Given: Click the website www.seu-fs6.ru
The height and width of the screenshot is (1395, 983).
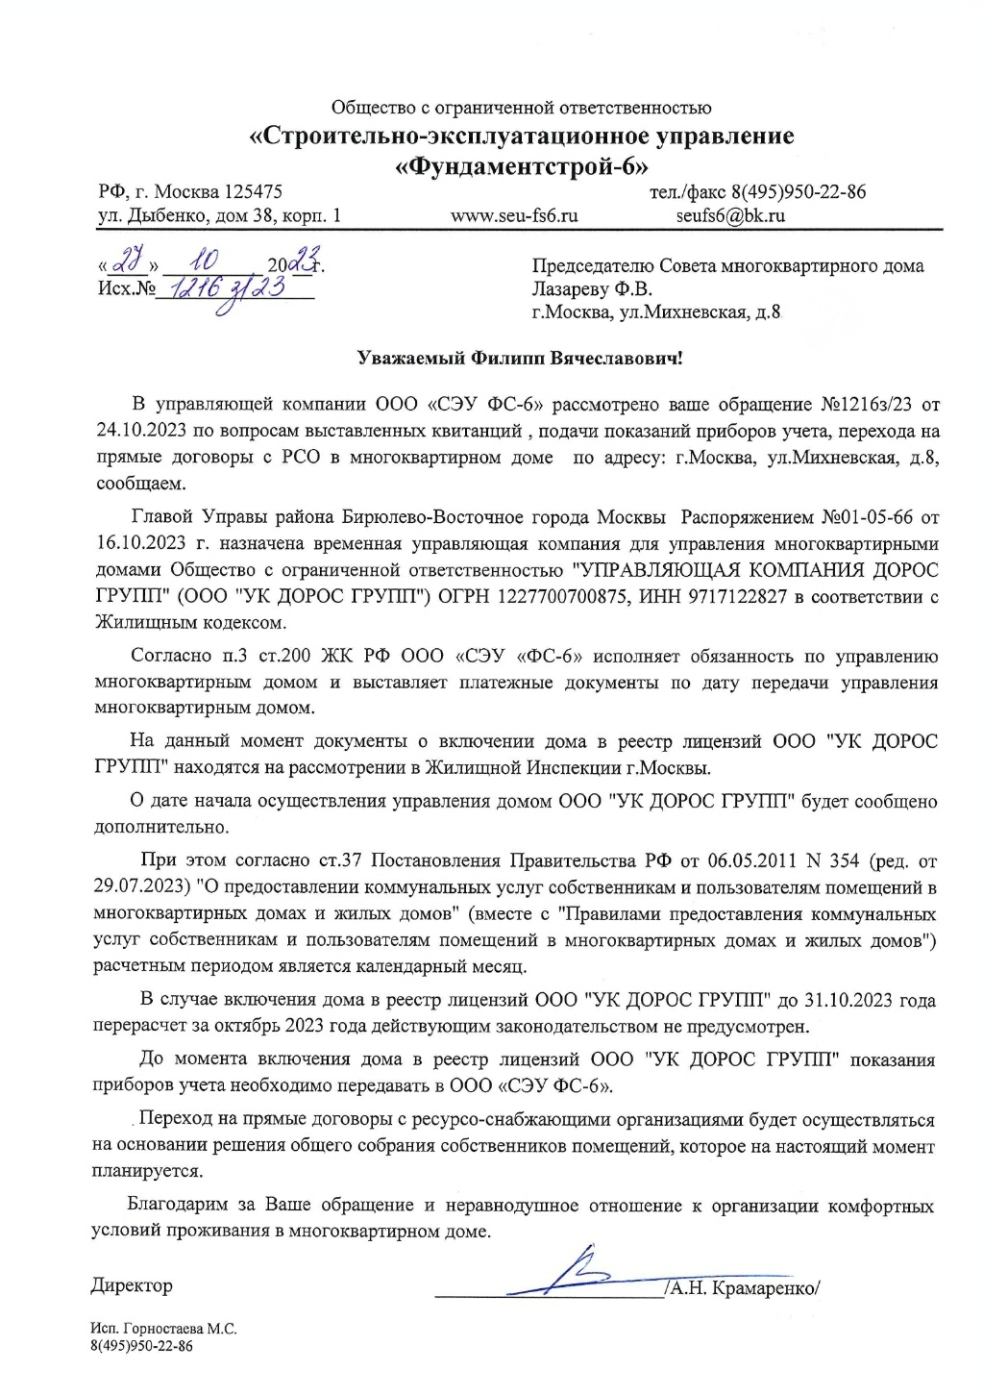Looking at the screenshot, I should click(514, 216).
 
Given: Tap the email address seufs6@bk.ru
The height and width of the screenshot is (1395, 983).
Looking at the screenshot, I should click(730, 216).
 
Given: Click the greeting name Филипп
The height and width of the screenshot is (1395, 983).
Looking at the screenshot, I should click(508, 359).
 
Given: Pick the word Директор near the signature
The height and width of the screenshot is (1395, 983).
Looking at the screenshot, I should click(132, 1285).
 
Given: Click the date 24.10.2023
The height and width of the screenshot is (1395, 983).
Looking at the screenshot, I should click(142, 431).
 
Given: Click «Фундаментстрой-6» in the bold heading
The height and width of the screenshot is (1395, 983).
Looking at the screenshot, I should click(522, 165).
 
